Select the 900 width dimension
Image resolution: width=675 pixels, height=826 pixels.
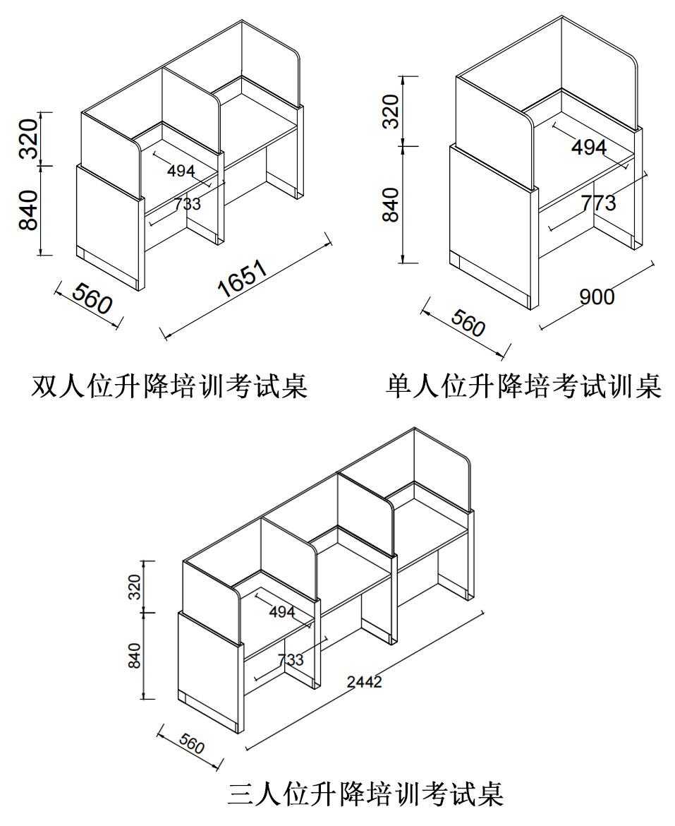click(x=597, y=297)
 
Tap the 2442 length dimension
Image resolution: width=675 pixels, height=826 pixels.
click(x=365, y=681)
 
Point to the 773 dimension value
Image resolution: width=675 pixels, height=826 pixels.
click(x=598, y=203)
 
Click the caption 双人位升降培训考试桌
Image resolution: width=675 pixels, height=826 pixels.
click(x=170, y=386)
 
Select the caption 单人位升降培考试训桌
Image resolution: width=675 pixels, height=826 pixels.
click(x=524, y=386)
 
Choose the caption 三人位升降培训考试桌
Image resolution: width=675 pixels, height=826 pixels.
click(x=365, y=794)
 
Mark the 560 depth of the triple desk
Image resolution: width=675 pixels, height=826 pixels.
click(x=192, y=743)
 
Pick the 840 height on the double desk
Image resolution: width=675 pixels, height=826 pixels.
click(x=29, y=210)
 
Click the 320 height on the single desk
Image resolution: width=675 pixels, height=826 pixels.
click(x=390, y=111)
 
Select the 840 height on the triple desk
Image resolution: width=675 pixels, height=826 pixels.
click(x=135, y=654)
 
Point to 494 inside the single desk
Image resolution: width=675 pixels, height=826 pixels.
click(x=588, y=148)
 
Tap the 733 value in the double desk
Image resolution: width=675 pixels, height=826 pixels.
click(x=188, y=204)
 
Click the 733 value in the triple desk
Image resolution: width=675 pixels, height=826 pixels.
click(x=291, y=659)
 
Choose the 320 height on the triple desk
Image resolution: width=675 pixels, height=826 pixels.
click(x=135, y=586)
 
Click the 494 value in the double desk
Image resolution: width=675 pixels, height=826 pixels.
click(x=181, y=170)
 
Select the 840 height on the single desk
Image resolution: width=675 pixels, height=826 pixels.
click(x=390, y=204)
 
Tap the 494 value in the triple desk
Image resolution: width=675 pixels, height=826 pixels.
click(x=282, y=612)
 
